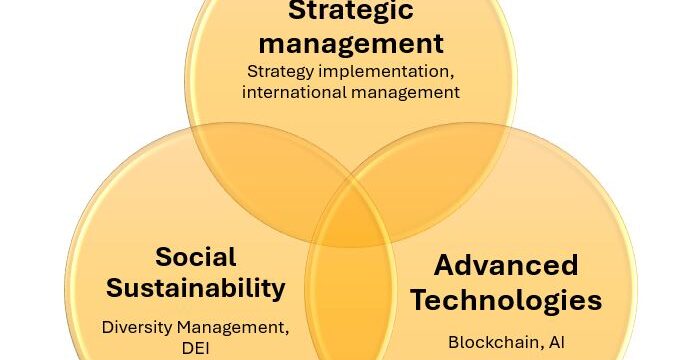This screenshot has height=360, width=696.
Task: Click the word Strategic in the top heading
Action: point(351,11)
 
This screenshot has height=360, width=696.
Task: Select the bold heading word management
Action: point(351,44)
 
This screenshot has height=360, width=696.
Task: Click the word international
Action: point(294,92)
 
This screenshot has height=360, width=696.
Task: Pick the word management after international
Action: point(405,93)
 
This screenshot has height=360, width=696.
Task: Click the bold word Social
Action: point(196,257)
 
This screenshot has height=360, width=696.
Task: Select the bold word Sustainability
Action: point(196,289)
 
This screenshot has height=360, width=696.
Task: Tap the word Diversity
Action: point(137,328)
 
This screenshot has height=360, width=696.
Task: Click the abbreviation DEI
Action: point(195,348)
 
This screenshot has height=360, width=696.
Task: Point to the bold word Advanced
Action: point(506,265)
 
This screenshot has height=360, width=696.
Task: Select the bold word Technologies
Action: point(506,300)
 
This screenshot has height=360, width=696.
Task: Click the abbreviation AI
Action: point(557,342)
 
